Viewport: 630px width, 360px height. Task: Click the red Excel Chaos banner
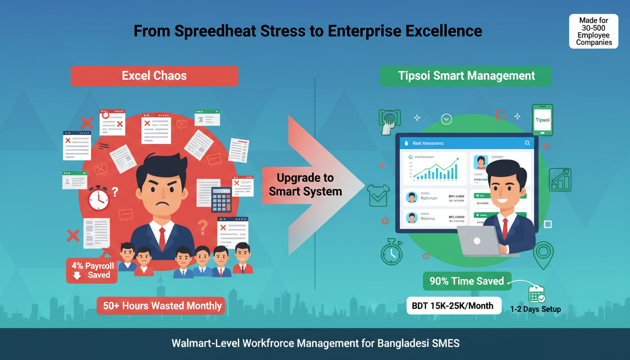click(154, 76)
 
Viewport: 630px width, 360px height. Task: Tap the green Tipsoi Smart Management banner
click(466, 76)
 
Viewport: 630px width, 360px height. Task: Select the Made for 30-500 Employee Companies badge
click(594, 31)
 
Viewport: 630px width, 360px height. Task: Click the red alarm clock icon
click(98, 198)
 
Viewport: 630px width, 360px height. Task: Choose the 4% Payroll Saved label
click(92, 270)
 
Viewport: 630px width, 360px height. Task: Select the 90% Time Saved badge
click(466, 281)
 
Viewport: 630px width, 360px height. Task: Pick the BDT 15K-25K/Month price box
click(452, 306)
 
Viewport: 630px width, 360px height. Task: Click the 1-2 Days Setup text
click(535, 309)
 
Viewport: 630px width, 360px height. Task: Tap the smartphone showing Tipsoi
click(542, 120)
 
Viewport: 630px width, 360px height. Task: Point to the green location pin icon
click(543, 254)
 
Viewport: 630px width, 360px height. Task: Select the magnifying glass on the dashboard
click(527, 143)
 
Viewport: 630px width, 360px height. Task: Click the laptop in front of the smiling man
click(478, 241)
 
